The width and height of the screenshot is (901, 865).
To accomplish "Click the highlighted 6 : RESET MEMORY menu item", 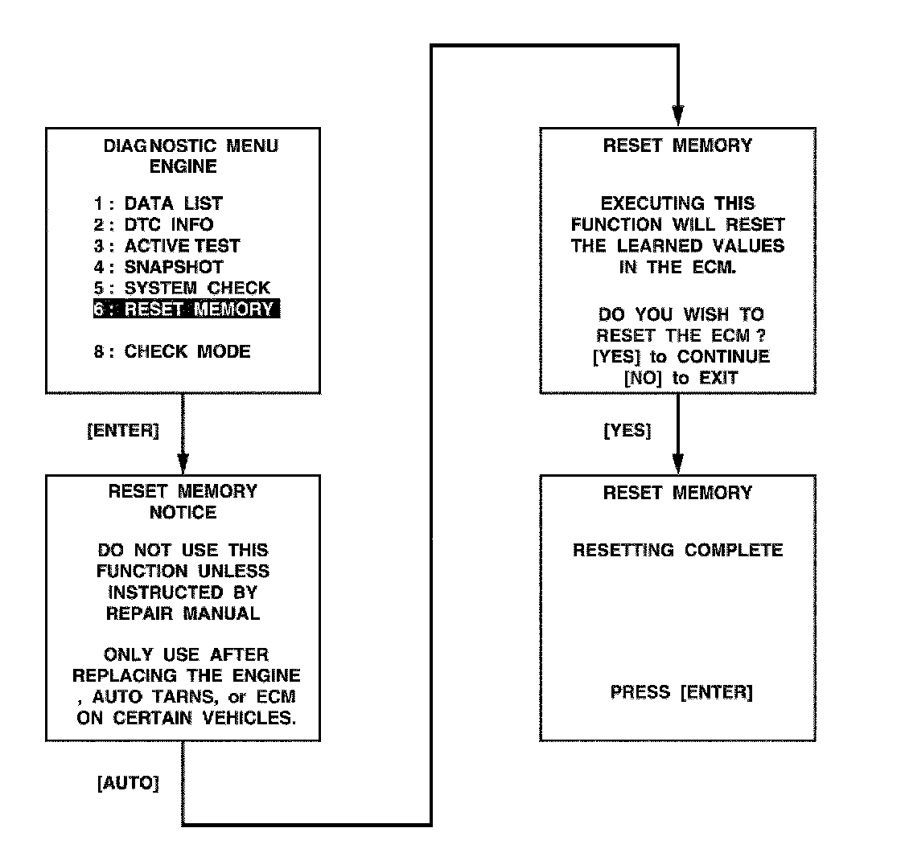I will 187,309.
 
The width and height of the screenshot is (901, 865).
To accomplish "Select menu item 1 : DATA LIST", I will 158,203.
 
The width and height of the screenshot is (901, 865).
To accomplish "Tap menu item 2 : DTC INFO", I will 153,224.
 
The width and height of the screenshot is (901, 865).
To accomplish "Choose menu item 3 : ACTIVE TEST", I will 167,245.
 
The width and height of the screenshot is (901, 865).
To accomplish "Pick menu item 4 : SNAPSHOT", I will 158,266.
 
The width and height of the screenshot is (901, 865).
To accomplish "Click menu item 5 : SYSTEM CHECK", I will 182,287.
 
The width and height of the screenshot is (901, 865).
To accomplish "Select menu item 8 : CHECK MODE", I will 171,351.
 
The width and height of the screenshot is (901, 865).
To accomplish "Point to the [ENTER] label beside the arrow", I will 123,430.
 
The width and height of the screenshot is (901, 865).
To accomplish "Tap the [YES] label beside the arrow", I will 627,430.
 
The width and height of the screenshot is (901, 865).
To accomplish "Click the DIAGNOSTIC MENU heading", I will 191,146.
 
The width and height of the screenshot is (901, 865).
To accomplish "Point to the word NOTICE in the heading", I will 183,512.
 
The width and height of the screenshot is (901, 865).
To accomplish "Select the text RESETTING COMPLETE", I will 677,551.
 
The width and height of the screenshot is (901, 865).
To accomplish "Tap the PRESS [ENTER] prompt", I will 681,692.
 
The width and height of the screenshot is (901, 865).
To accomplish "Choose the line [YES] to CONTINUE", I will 681,356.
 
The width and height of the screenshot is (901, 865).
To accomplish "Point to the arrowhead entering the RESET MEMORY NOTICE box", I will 183,464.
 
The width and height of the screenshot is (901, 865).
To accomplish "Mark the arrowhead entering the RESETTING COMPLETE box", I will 677,464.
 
